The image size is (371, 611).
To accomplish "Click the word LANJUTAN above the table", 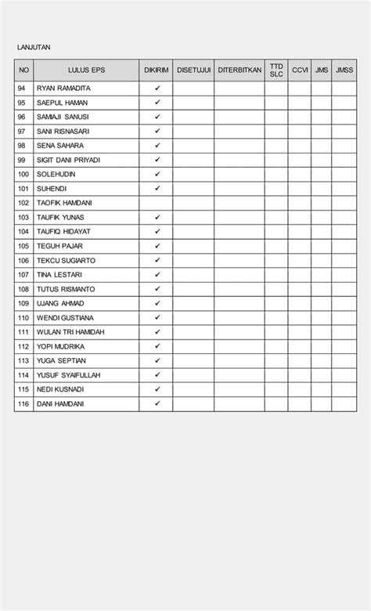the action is point(34,48).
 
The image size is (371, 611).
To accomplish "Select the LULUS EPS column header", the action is point(86,70).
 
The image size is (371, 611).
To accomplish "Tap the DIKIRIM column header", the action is point(157,70).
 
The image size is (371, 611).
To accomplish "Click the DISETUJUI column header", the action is point(193,70).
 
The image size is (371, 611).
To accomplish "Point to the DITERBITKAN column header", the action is point(240,70).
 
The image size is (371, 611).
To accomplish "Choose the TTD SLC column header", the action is point(276,70).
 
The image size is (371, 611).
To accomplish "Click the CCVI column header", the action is point(300,70).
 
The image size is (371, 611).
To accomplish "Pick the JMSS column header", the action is point(344,70).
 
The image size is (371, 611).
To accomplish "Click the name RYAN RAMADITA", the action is point(63,89).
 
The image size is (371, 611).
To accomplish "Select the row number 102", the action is point(23,203).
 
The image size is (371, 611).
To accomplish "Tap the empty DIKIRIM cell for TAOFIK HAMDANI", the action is point(157,203).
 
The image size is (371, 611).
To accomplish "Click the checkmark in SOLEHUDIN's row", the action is point(157,174).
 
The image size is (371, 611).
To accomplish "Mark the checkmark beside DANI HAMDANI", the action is point(157,403).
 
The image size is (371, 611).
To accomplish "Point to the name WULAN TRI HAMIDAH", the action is point(70,332).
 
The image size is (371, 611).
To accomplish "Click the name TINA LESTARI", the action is point(59,275).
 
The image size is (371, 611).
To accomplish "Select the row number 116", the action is point(23,404).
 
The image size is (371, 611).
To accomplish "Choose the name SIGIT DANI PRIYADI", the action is point(68,160).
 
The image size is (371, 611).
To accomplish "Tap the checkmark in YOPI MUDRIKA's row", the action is point(157,346).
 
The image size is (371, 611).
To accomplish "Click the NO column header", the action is point(24,70).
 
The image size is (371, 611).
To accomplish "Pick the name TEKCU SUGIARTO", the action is point(66,260).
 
